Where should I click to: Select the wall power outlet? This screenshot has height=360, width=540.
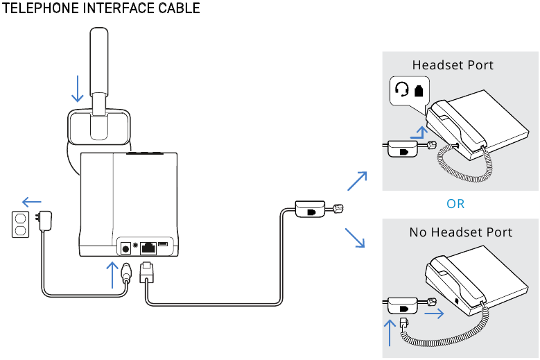[20, 224]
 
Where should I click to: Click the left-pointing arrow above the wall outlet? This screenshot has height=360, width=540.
[31, 202]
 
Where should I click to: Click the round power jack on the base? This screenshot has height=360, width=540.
[126, 246]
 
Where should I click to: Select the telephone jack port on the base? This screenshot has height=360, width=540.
[148, 246]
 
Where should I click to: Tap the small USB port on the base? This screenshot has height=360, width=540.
[164, 245]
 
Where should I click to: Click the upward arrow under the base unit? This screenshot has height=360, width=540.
[110, 274]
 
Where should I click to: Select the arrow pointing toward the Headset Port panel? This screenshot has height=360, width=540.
[356, 181]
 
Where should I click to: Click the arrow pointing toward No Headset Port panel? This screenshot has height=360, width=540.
[354, 237]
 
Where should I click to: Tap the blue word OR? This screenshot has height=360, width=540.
[455, 204]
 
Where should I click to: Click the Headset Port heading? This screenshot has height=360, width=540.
[453, 65]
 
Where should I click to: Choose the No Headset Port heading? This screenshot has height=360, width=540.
[461, 232]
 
